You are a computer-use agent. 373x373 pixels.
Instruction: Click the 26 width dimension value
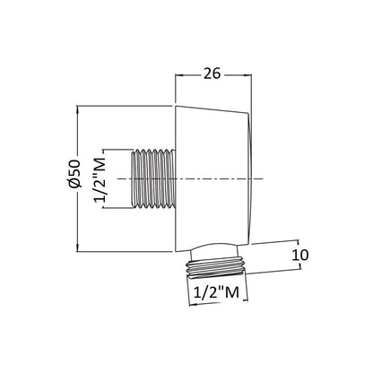pos(213,74)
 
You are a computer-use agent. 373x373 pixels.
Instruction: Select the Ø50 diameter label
pos(74,174)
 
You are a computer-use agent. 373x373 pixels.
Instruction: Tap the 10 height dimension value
pos(299,255)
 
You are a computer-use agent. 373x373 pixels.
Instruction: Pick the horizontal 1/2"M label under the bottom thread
pos(217,292)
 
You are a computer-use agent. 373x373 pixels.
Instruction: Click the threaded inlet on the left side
pos(153,178)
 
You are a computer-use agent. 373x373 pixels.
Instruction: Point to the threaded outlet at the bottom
pos(217,267)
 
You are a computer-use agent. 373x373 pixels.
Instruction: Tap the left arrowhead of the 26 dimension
pos(178,75)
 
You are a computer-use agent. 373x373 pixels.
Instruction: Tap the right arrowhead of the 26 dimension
pos(248,75)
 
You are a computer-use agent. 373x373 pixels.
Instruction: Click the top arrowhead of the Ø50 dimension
pos(78,110)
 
